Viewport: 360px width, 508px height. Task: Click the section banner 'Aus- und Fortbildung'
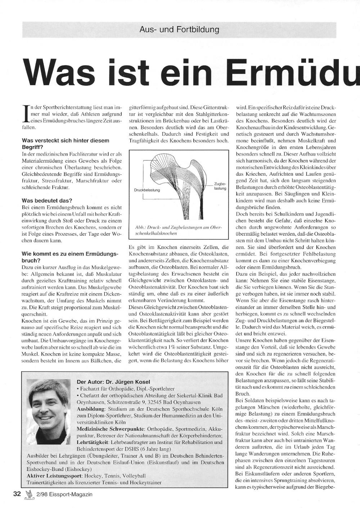pos(179,30)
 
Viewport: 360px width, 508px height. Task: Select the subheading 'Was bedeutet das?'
pos(47,200)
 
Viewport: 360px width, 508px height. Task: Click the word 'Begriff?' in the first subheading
pos(33,147)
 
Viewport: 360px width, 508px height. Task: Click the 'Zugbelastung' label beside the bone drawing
pos(220,186)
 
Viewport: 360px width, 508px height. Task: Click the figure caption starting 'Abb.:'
pos(178,231)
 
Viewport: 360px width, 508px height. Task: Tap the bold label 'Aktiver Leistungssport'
pos(54,476)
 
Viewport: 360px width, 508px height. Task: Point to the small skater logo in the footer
pos(29,494)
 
